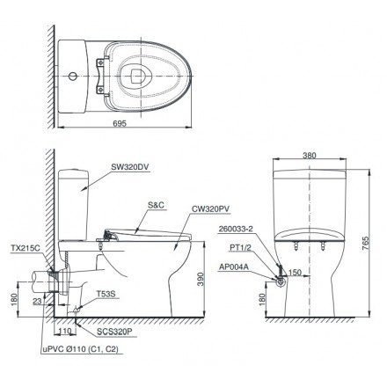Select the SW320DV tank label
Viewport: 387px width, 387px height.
(x=134, y=164)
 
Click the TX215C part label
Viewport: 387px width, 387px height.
(x=27, y=248)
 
